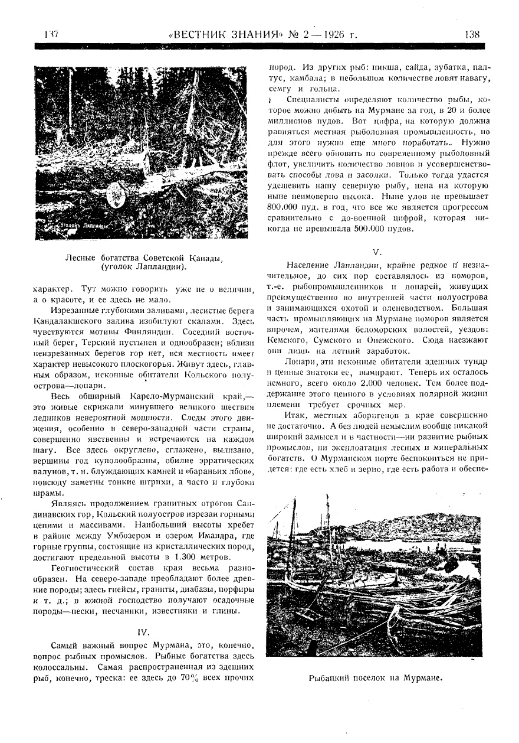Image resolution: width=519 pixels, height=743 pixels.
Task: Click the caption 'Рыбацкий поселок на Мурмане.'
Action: pyautogui.click(x=376, y=678)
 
